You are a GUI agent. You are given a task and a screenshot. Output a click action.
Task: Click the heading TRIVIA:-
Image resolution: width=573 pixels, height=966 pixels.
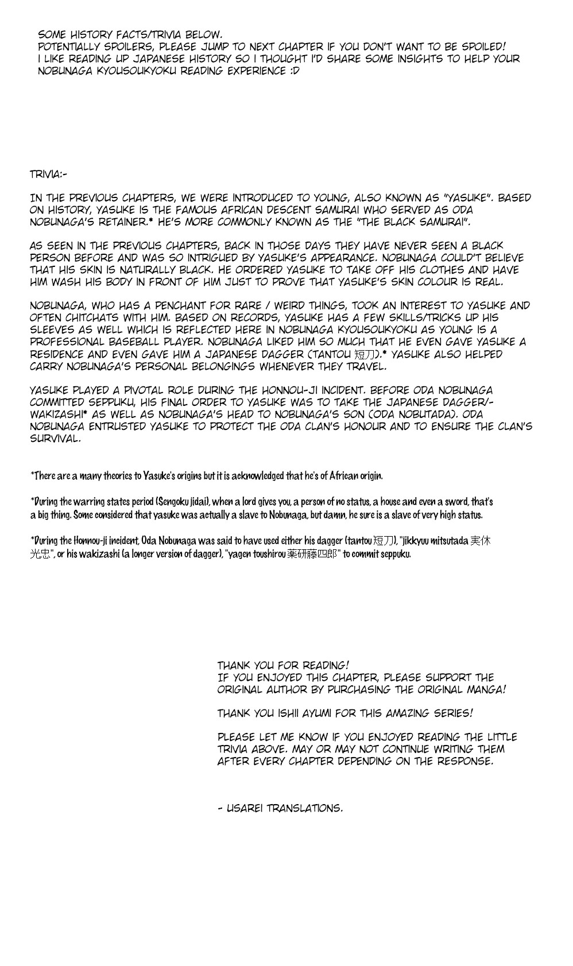coord(48,174)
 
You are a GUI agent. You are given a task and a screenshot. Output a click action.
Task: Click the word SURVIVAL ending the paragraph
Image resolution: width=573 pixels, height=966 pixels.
coord(55,439)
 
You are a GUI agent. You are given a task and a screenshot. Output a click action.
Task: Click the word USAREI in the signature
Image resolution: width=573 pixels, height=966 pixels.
coord(244,808)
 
